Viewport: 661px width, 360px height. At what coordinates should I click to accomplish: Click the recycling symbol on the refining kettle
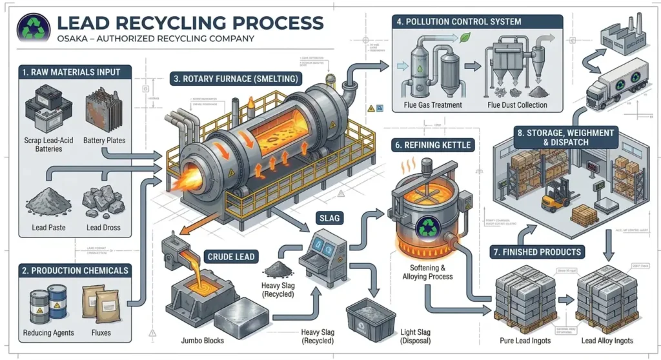coord(427,228)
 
